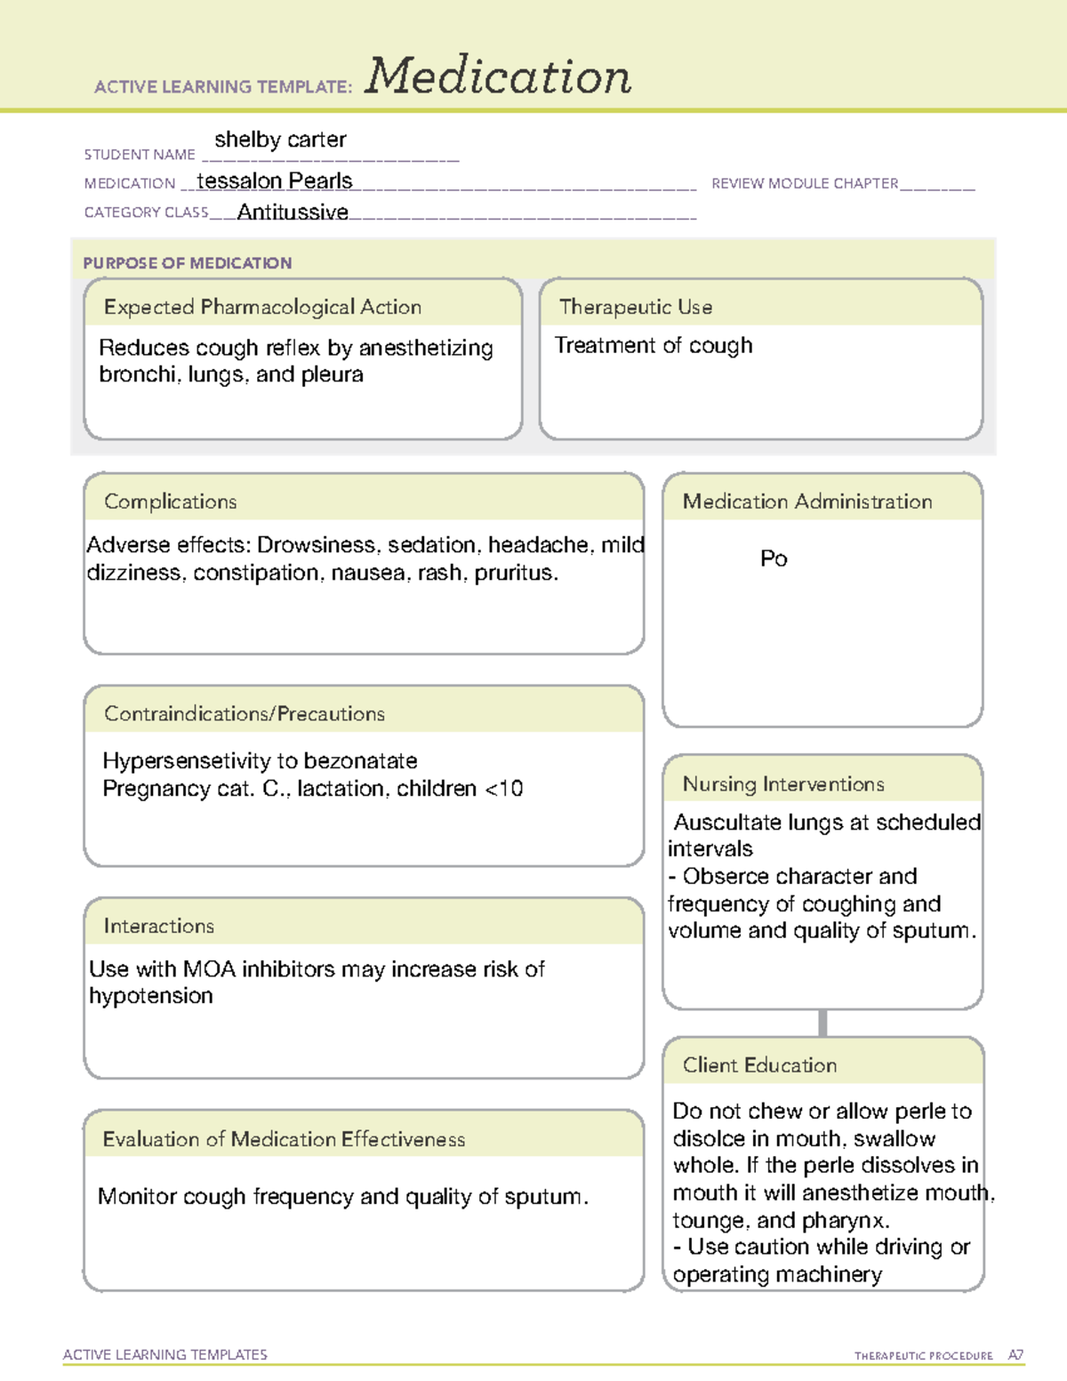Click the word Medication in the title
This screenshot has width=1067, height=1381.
(498, 76)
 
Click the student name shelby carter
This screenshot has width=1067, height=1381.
(280, 140)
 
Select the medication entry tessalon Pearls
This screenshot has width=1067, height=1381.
(274, 181)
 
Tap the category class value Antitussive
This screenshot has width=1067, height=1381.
(293, 212)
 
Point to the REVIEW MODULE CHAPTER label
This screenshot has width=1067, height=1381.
(805, 183)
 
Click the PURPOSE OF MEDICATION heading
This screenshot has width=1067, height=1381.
(188, 263)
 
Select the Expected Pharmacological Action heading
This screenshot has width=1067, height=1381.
(262, 307)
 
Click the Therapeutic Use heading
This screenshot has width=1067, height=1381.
(636, 307)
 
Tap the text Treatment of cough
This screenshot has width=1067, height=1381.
(654, 345)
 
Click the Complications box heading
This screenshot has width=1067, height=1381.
(171, 502)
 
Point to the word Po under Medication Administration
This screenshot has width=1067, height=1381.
(774, 558)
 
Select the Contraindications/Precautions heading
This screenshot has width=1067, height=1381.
(245, 713)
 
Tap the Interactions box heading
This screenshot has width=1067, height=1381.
(159, 926)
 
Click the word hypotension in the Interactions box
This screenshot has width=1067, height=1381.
(151, 996)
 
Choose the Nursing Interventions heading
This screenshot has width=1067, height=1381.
(783, 783)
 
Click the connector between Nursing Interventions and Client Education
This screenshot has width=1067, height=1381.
(822, 1023)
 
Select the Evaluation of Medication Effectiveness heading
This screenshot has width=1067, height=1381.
(284, 1139)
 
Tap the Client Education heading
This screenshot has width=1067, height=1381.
(759, 1065)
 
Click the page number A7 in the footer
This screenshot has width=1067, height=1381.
(1015, 1355)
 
